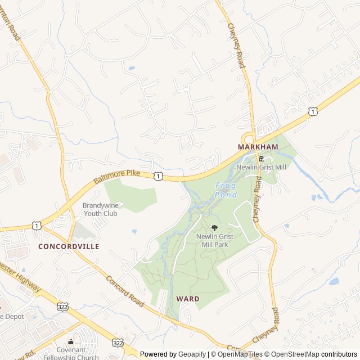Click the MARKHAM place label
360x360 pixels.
pos(258,147)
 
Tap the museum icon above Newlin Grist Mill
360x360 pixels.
pos(261,159)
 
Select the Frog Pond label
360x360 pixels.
pos(226,190)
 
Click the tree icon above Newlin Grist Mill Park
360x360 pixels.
pos(214,228)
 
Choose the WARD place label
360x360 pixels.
pos(187,299)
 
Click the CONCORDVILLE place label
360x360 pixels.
pos(69,246)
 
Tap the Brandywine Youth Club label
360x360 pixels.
pos(100,209)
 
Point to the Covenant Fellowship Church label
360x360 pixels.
pos(71,354)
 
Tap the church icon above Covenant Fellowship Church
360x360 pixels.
pos(71,341)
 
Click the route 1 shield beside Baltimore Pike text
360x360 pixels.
pos(159,177)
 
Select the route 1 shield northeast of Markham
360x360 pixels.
pos(312,112)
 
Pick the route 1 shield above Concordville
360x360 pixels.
pos(37,226)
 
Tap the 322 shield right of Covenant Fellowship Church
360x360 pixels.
pos(117,342)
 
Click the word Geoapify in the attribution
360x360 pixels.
pos(192,354)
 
